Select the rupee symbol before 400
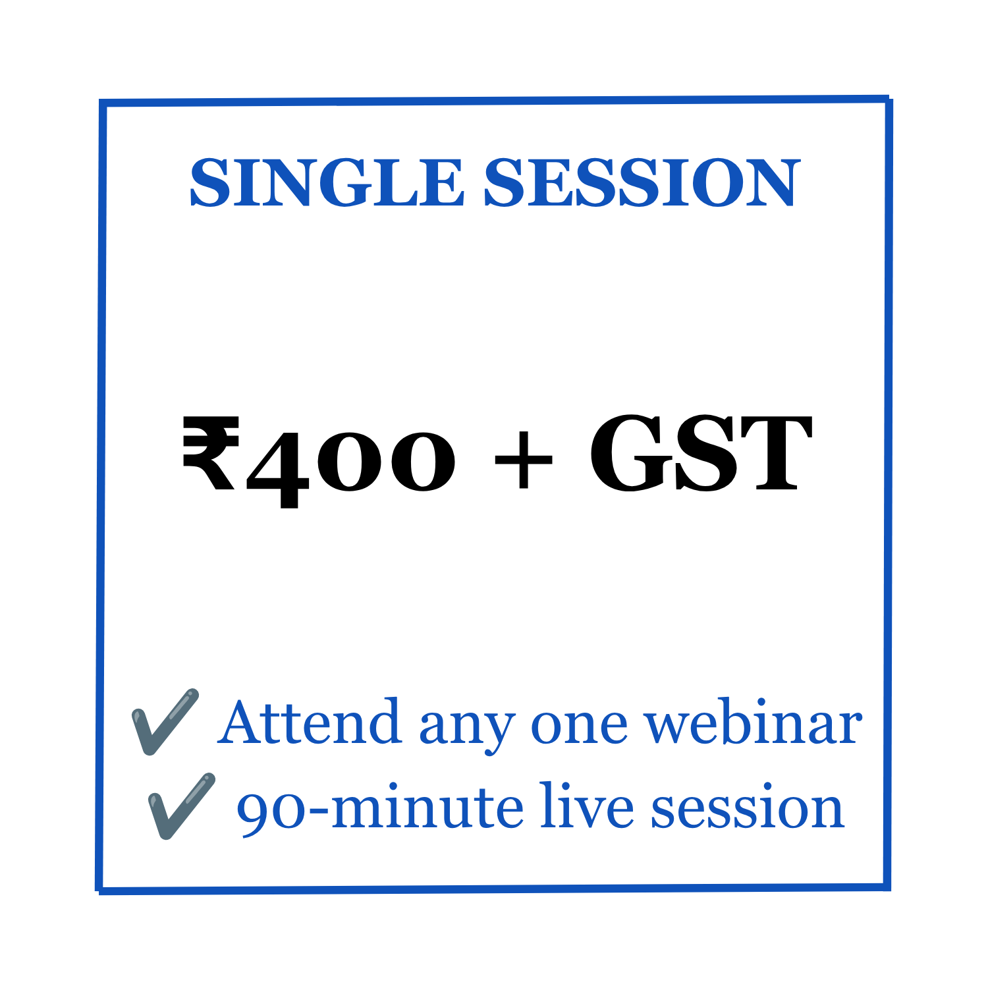[210, 454]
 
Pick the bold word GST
[700, 454]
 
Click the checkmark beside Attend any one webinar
[165, 721]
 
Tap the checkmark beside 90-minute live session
[182, 806]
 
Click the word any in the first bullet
[466, 730]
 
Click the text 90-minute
[380, 808]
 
